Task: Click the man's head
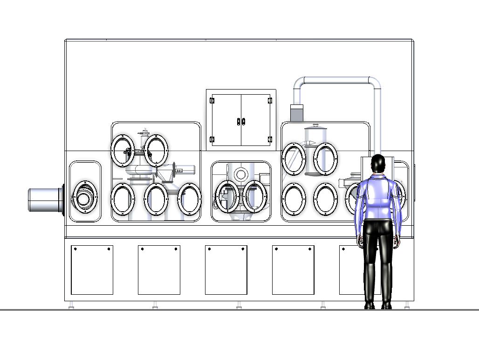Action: click(378, 163)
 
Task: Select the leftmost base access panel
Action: click(92, 270)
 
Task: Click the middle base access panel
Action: click(226, 270)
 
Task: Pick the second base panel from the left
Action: click(159, 270)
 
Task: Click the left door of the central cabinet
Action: click(226, 120)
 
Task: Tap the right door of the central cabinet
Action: click(255, 120)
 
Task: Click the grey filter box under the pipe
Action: click(297, 113)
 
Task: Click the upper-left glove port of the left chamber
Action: click(123, 151)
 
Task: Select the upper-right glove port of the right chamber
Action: click(325, 159)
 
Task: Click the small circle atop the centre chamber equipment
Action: click(240, 175)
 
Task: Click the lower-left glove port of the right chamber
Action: click(294, 200)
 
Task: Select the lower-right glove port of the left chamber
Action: click(190, 199)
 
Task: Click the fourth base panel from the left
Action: click(293, 270)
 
